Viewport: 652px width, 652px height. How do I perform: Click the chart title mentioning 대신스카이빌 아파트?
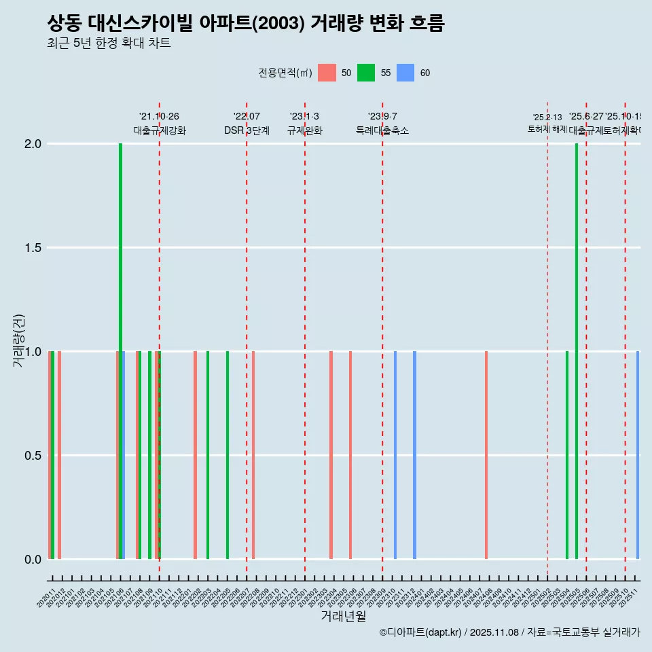click(x=246, y=24)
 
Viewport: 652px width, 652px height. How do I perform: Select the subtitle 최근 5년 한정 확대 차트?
click(x=109, y=43)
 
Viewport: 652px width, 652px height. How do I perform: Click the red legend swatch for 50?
click(x=327, y=73)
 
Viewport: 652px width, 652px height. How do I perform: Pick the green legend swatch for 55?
click(x=366, y=73)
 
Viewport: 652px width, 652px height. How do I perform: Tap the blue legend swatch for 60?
click(x=405, y=73)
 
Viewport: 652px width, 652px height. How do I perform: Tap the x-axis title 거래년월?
click(x=343, y=616)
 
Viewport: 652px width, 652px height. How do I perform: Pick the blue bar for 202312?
click(x=414, y=455)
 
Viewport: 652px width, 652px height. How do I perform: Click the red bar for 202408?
click(x=486, y=455)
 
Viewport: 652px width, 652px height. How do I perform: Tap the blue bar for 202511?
click(x=638, y=455)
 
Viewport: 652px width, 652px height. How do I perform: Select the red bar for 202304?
click(x=331, y=455)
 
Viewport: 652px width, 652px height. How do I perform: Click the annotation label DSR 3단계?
click(x=247, y=130)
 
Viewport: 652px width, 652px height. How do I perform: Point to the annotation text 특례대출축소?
click(x=382, y=130)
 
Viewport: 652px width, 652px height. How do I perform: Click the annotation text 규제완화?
click(x=304, y=130)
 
